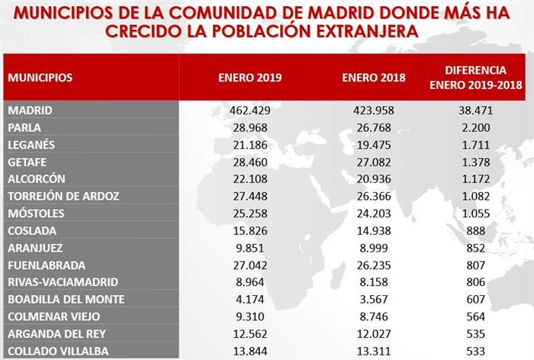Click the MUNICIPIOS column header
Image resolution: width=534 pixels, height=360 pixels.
click(x=40, y=78)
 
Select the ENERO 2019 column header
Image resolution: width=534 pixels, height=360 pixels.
click(x=249, y=78)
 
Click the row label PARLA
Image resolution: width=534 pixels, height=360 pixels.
click(x=24, y=127)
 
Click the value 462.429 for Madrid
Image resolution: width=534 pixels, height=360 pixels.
click(x=249, y=111)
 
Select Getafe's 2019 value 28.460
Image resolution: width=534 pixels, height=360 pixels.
click(x=249, y=162)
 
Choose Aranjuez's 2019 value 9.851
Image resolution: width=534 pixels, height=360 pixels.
click(x=249, y=248)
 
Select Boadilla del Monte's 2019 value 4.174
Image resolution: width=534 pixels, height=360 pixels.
click(x=249, y=299)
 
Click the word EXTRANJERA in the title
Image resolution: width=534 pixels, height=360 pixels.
click(x=357, y=32)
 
